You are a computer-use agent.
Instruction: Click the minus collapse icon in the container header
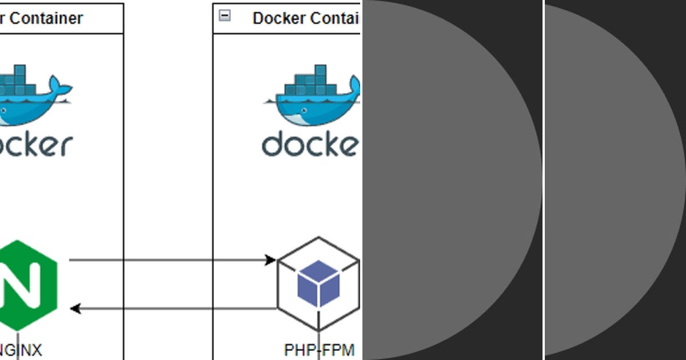[x=225, y=16]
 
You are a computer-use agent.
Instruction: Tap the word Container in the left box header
[x=46, y=18]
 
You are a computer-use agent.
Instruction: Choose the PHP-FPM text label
[x=319, y=350]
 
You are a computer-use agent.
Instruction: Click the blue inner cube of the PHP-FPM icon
[x=318, y=283]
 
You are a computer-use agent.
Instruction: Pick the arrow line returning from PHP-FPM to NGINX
[x=171, y=309]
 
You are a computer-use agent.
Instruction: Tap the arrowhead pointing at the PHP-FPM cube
[x=271, y=261]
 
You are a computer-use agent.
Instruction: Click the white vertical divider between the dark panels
[x=544, y=180]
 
